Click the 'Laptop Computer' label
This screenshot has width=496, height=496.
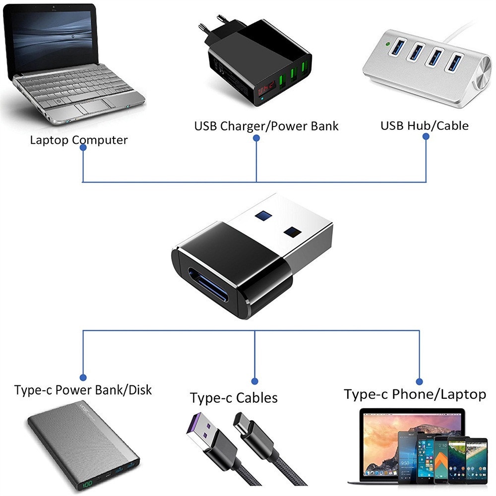tap(78, 140)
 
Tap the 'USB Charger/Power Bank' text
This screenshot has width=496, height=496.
tap(266, 126)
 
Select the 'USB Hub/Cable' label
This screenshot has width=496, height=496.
tap(424, 125)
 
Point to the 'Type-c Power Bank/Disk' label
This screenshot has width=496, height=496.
tap(83, 390)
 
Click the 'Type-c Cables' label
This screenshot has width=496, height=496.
tap(234, 398)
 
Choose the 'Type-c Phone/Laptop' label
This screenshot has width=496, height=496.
tap(415, 394)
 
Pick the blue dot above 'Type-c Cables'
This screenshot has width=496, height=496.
tap(254, 381)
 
